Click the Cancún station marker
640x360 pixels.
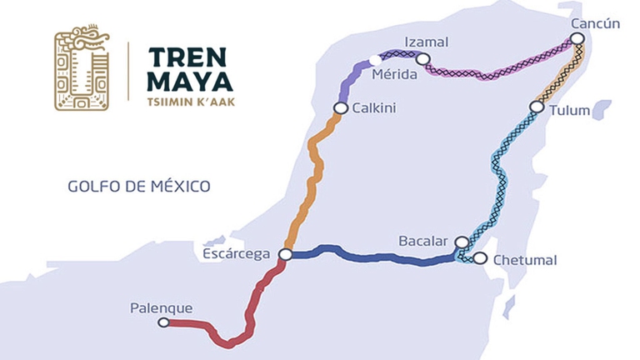(x=577, y=38)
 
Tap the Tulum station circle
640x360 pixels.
(x=537, y=107)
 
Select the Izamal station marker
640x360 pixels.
(x=423, y=59)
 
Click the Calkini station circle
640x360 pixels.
(x=340, y=107)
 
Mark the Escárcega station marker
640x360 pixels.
(x=285, y=254)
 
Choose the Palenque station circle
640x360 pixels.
(x=163, y=322)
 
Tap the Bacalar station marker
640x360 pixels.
(x=462, y=242)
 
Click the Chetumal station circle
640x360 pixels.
(x=479, y=258)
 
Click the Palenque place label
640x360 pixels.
(x=161, y=308)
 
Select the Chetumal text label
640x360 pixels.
(x=525, y=260)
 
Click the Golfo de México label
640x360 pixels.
(x=139, y=185)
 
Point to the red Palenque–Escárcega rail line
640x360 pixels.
(x=250, y=308)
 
